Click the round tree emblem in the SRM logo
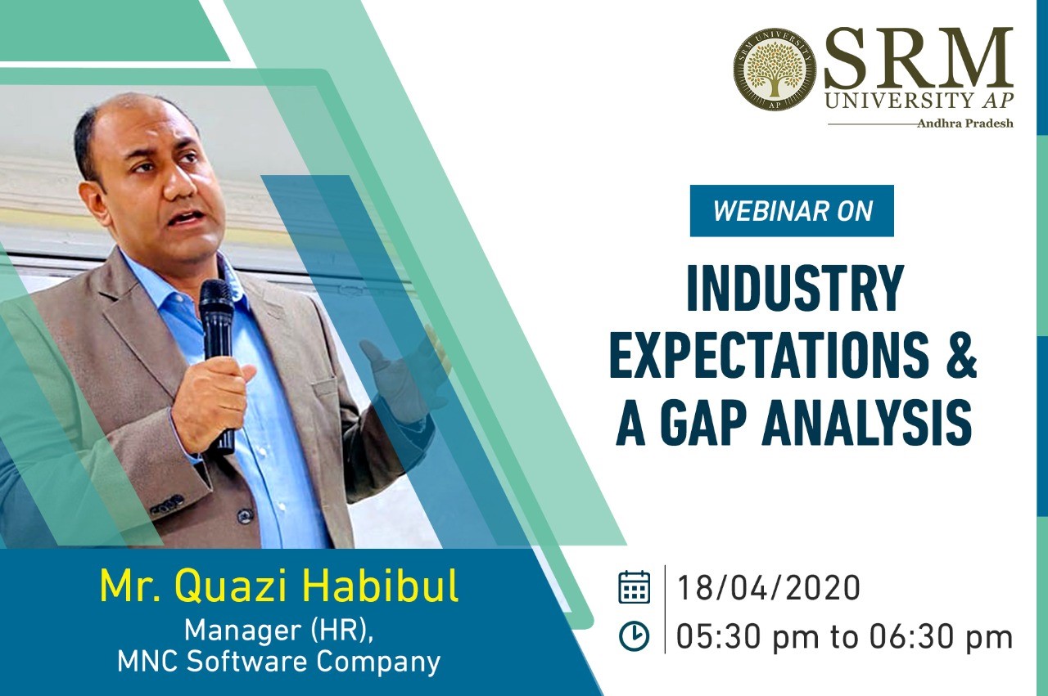(775, 70)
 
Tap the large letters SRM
(919, 57)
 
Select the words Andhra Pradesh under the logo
(965, 123)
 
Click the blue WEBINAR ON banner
(792, 211)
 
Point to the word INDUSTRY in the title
(795, 289)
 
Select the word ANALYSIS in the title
(867, 423)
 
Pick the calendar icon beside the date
(634, 587)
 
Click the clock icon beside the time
(634, 635)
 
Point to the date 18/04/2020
(768, 587)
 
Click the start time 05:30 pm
(748, 636)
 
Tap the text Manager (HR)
(279, 631)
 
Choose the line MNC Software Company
(279, 662)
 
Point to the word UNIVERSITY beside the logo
(901, 100)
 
